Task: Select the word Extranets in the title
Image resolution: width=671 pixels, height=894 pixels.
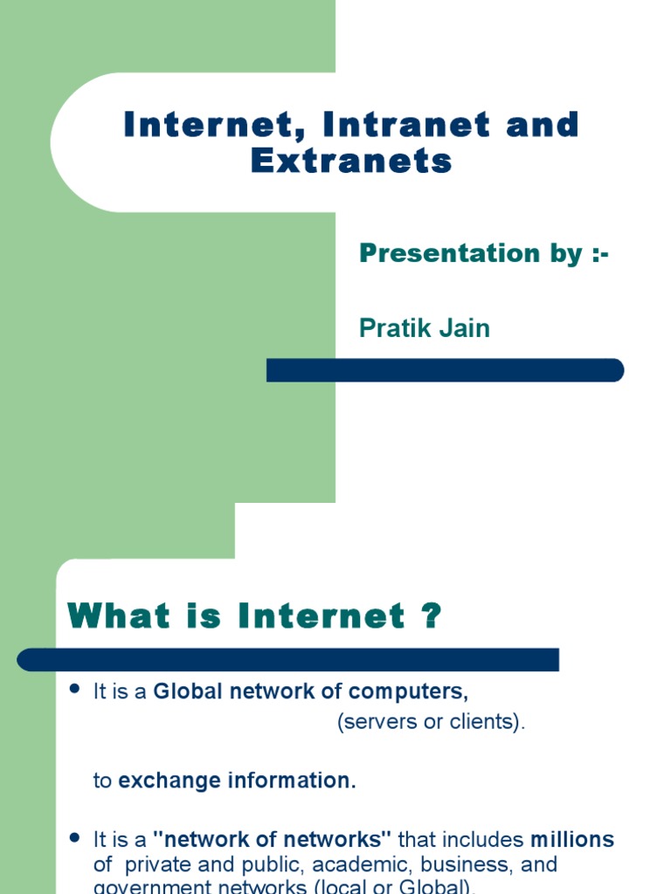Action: tap(352, 162)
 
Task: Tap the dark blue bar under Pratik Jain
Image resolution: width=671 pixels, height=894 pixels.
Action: tap(445, 370)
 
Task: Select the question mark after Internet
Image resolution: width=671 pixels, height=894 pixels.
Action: tap(430, 617)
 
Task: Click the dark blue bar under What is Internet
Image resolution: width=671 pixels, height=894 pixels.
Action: tap(288, 660)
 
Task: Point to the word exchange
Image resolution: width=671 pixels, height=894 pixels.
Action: tap(170, 781)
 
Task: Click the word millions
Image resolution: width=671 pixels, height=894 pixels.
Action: tap(572, 840)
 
